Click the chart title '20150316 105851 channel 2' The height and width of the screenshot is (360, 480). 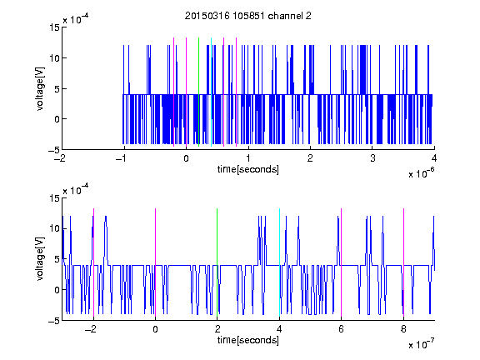248,16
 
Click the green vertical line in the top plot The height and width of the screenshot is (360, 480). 198,92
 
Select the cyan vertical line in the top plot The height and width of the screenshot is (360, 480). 211,92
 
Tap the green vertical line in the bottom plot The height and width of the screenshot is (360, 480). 217,262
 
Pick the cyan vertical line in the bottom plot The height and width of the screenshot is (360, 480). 279,262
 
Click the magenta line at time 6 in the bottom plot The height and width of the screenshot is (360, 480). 342,262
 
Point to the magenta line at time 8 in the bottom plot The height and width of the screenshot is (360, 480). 404,262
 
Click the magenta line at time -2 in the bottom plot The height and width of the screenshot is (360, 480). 93,262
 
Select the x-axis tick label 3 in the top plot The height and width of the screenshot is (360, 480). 372,158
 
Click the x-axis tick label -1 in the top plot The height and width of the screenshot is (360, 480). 122,158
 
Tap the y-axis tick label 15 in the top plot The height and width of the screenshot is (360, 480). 54,27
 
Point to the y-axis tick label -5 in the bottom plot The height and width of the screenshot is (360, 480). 54,321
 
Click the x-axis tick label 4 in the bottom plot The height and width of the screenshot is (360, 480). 279,329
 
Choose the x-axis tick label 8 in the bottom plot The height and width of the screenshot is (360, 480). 403,329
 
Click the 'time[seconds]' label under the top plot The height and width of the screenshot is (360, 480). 248,169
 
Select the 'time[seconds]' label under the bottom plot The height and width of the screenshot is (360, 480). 248,340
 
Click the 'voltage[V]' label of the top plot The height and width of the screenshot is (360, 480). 40,89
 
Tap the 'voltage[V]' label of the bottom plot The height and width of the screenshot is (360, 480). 40,259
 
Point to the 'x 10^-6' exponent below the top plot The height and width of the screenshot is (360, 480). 421,173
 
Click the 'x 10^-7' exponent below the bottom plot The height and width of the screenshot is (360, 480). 421,344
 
